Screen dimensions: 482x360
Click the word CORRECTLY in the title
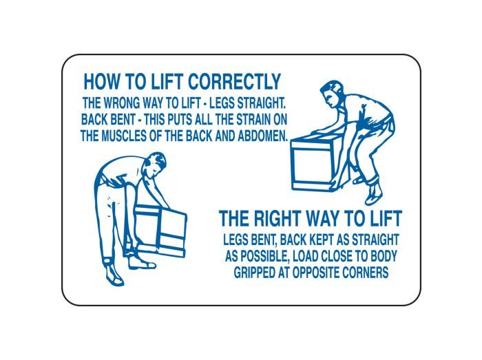pyautogui.click(x=234, y=82)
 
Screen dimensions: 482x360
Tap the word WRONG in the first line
pyautogui.click(x=122, y=103)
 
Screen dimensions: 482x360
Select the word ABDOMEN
pyautogui.click(x=263, y=136)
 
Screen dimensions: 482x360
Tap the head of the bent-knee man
pyautogui.click(x=331, y=94)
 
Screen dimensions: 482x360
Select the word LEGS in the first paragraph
pyautogui.click(x=222, y=103)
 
